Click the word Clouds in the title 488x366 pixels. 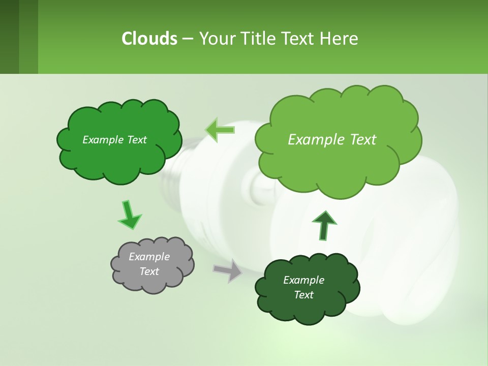[149, 39]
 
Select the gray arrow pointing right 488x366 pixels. [228, 270]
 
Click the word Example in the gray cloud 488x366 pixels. [149, 257]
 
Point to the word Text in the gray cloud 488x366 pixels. [149, 271]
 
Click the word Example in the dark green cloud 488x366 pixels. [303, 280]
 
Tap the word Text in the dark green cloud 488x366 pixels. [304, 295]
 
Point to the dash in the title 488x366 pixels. [188, 39]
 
